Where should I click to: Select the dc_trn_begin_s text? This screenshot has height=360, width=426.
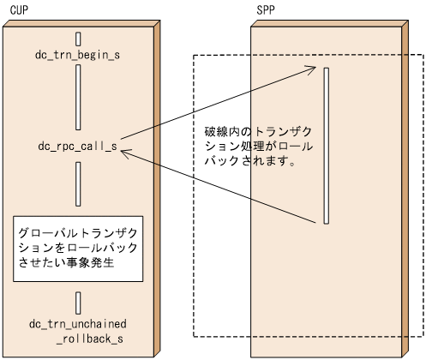(x=78, y=54)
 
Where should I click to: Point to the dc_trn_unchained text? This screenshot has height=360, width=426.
(x=78, y=324)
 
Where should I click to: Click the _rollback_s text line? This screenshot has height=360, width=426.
(x=90, y=339)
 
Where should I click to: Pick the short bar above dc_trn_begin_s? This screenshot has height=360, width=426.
(x=78, y=38)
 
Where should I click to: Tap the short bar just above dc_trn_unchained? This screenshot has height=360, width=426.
(x=78, y=303)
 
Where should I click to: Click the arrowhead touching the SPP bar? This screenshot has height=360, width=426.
(x=319, y=72)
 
